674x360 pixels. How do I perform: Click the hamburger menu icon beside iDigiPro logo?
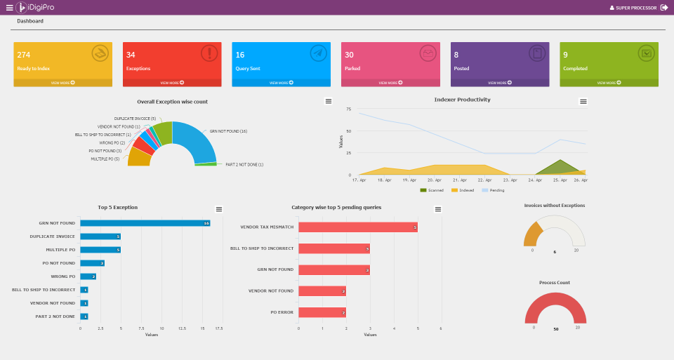point(9,8)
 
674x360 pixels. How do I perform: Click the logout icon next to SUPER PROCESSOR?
point(664,8)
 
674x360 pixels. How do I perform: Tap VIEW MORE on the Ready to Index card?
point(62,83)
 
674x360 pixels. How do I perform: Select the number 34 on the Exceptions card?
point(131,55)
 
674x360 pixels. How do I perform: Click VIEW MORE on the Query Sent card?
point(281,83)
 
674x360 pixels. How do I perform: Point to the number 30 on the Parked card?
point(349,55)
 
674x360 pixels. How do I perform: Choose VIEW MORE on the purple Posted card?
point(499,83)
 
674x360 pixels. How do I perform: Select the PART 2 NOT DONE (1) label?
point(244,164)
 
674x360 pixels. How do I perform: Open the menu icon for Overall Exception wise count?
point(328,102)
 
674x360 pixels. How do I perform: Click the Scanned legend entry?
point(432,190)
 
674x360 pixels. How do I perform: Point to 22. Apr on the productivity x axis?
point(484,180)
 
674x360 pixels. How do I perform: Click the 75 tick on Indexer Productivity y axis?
point(348,109)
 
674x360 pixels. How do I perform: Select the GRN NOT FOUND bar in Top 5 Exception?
point(145,223)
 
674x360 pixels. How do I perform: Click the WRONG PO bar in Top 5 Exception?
point(88,276)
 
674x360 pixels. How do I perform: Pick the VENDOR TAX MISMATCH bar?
point(357,227)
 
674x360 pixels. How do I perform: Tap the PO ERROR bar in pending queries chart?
point(322,312)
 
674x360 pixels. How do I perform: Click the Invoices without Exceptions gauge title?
point(555,206)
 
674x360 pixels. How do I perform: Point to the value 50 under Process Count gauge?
point(555,328)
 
